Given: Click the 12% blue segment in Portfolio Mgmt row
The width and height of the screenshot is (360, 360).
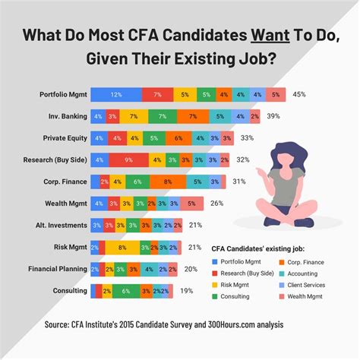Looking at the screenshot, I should coord(115,94).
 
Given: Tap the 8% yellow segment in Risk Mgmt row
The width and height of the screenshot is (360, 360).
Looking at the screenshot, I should coord(123,248).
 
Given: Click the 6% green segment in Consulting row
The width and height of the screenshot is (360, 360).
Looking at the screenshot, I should coord(126,291).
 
